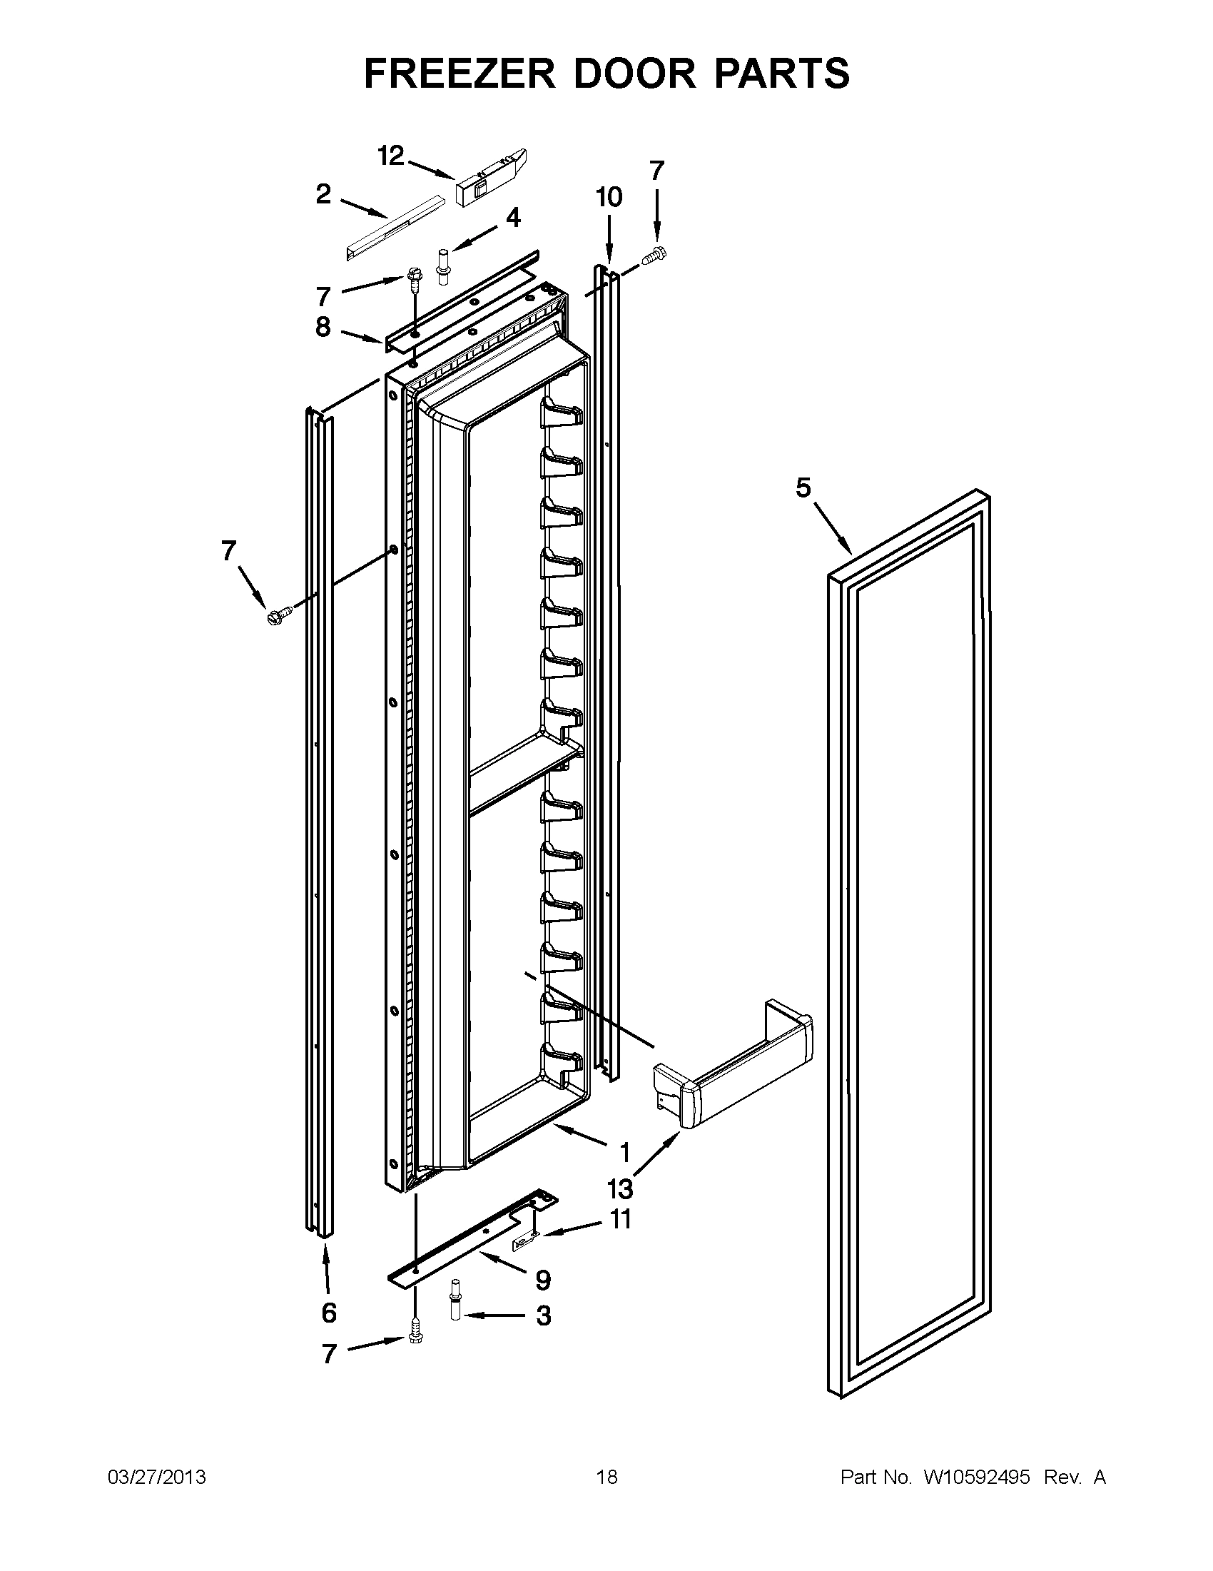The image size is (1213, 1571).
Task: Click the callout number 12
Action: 391,156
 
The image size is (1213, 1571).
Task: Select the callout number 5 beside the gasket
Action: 803,488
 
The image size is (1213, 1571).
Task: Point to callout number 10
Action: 609,197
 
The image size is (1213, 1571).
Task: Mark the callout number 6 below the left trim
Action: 329,1313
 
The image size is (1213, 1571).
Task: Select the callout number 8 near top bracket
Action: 323,328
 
